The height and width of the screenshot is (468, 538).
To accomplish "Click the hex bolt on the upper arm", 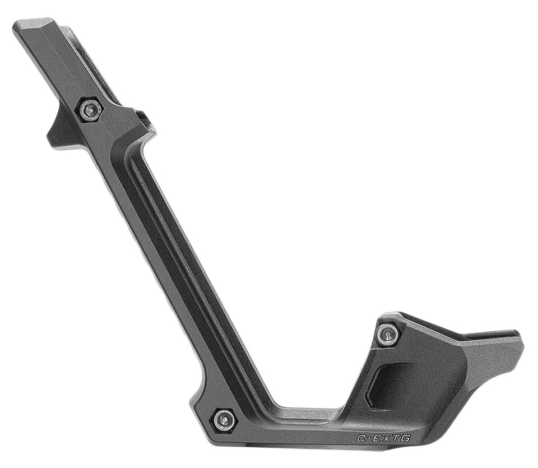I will pyautogui.click(x=90, y=110).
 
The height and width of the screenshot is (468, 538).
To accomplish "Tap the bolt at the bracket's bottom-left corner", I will pyautogui.click(x=224, y=420).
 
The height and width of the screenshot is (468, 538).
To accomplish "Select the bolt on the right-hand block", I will pyautogui.click(x=387, y=335).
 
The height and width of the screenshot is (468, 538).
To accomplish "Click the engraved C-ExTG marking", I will pyautogui.click(x=383, y=438).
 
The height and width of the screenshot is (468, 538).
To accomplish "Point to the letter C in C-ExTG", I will pyautogui.click(x=361, y=438).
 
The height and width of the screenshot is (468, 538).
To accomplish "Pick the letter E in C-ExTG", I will pyautogui.click(x=375, y=438).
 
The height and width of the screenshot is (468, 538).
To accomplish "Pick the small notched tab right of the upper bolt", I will pyautogui.click(x=147, y=121).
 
